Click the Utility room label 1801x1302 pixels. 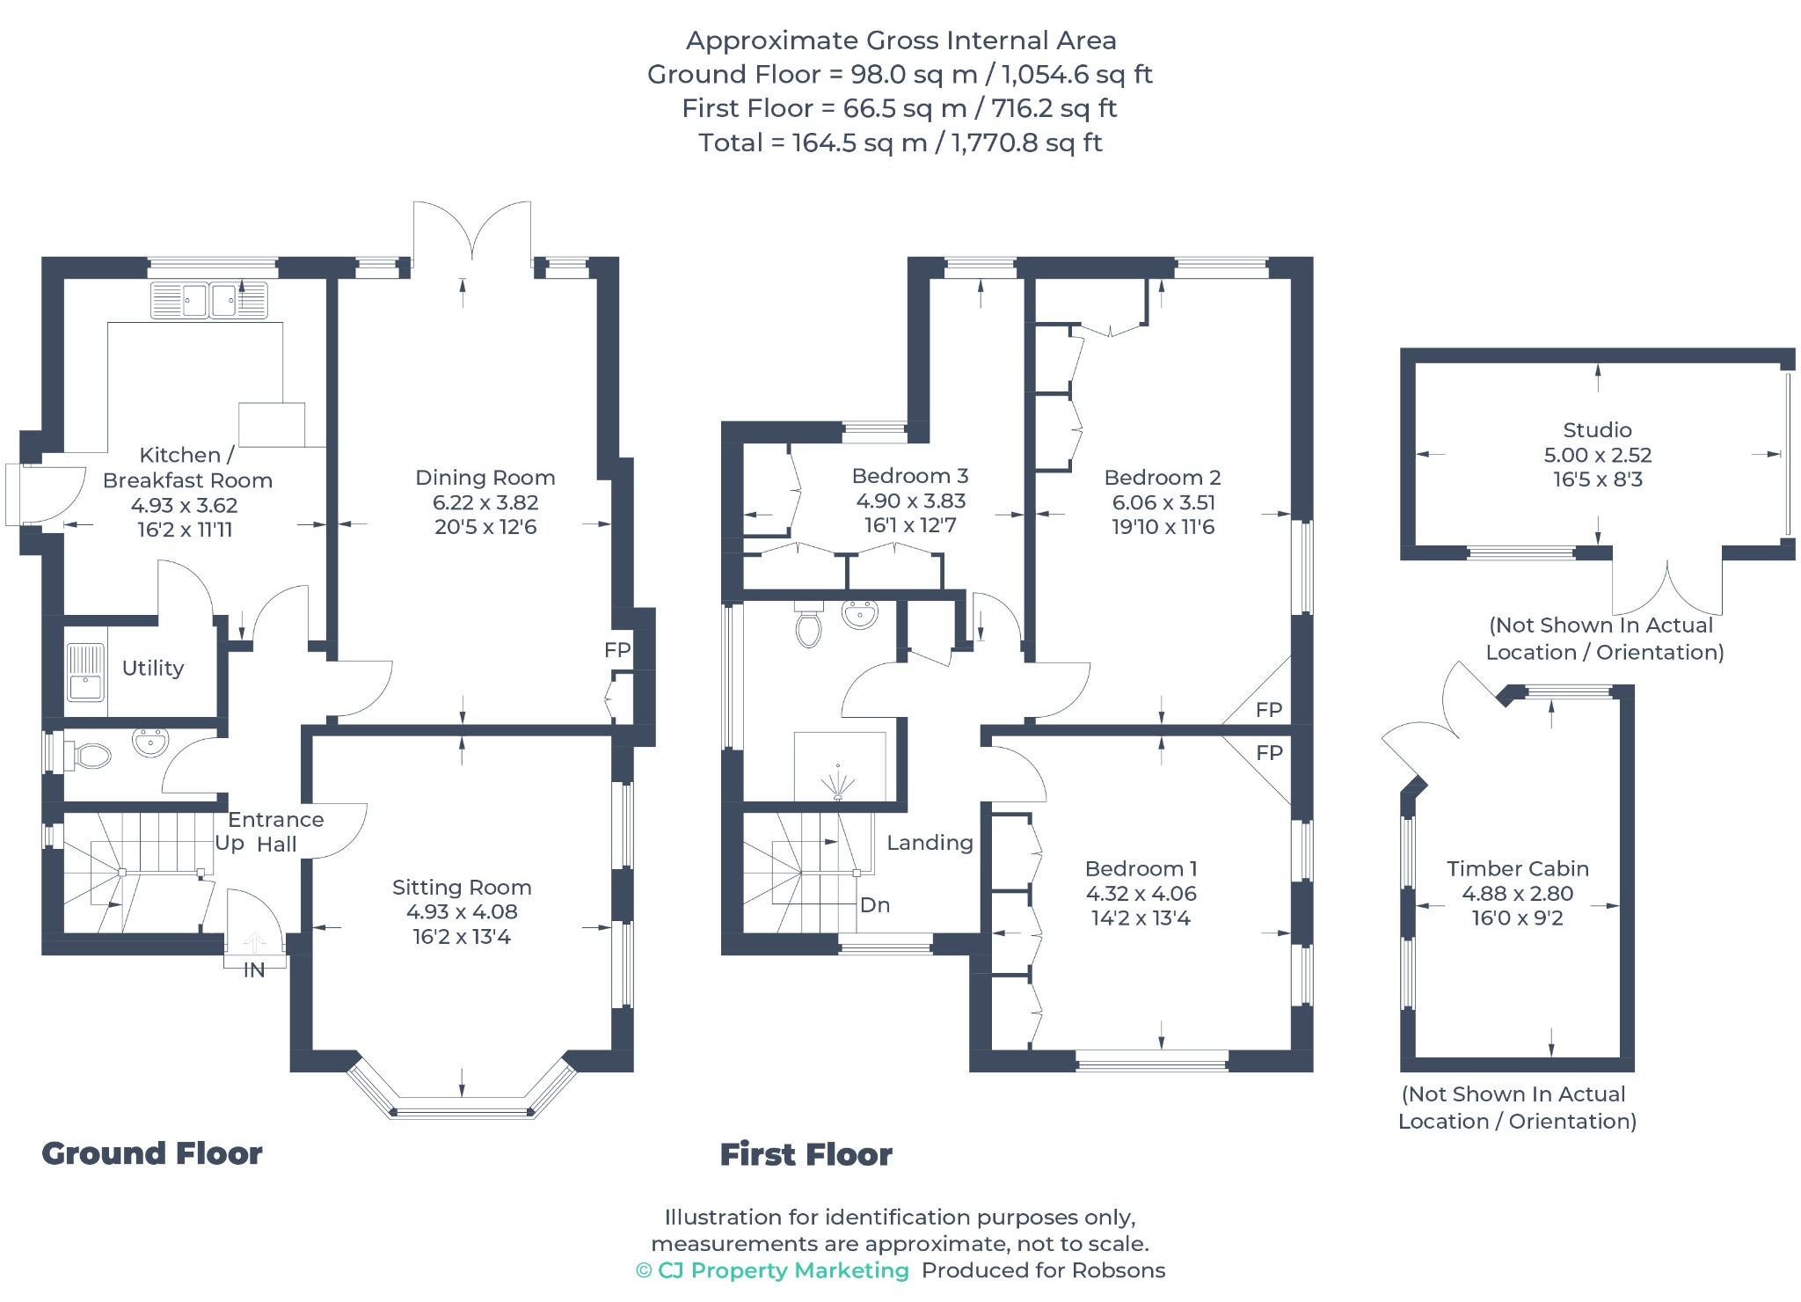pyautogui.click(x=153, y=668)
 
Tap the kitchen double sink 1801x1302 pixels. pyautogui.click(x=209, y=300)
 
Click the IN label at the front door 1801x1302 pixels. pyautogui.click(x=254, y=970)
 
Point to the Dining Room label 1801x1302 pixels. pyautogui.click(x=485, y=478)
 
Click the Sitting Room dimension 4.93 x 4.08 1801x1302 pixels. pyautogui.click(x=462, y=912)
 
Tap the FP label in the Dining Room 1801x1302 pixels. pyautogui.click(x=617, y=649)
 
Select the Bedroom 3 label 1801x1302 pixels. pyautogui.click(x=910, y=476)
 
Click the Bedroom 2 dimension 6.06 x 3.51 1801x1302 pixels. pyautogui.click(x=1163, y=502)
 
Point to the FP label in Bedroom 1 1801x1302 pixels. pyautogui.click(x=1269, y=752)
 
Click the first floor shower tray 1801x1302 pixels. pyautogui.click(x=840, y=766)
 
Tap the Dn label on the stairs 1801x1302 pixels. pyautogui.click(x=875, y=904)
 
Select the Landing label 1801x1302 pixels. pyautogui.click(x=930, y=843)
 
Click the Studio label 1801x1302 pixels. pyautogui.click(x=1597, y=430)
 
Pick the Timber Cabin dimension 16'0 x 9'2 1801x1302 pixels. pyautogui.click(x=1517, y=918)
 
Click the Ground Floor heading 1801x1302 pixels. pyautogui.click(x=152, y=1153)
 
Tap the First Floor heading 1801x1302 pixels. pyautogui.click(x=806, y=1154)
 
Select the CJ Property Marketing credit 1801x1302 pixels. pyautogui.click(x=772, y=1270)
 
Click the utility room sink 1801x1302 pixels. pyautogui.click(x=85, y=672)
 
